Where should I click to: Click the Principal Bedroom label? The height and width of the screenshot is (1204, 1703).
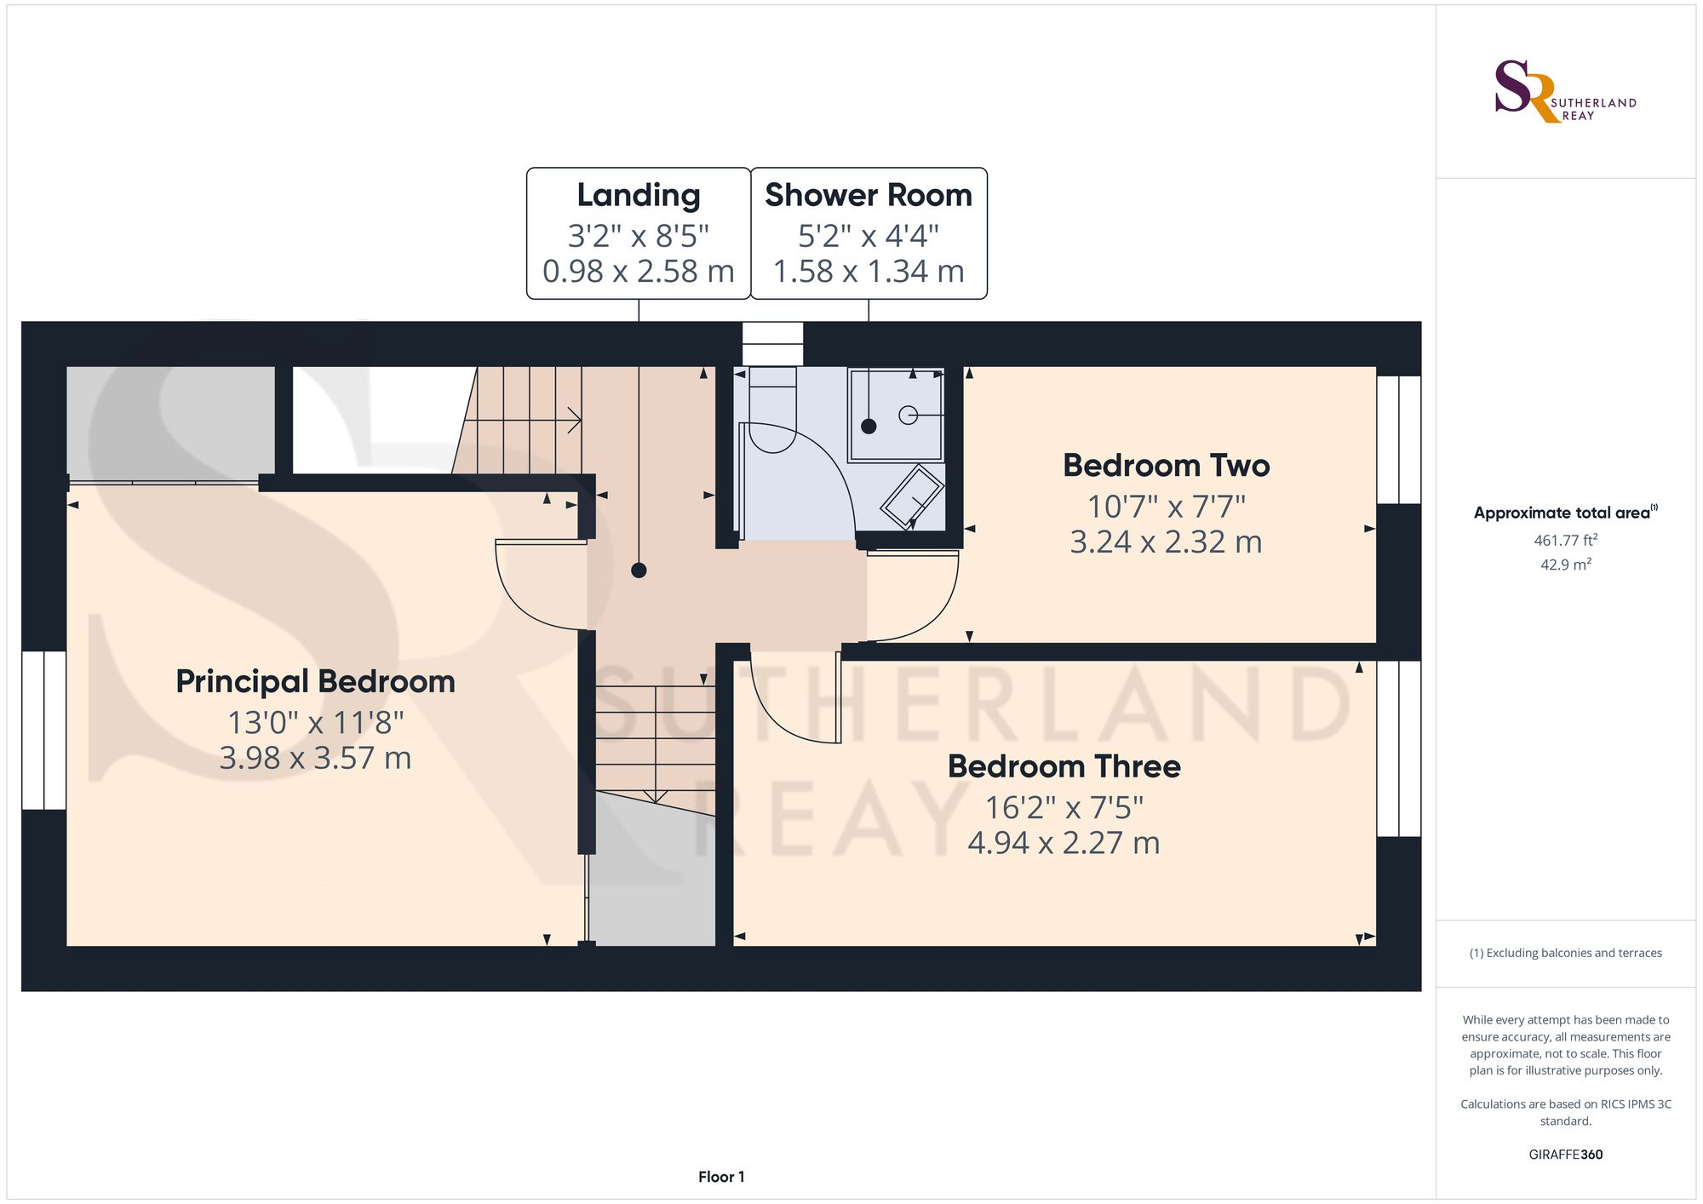coord(315,681)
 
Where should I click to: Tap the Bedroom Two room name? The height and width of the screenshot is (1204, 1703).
coord(1166,466)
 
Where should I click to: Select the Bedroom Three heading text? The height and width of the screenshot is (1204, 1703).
coord(1064,766)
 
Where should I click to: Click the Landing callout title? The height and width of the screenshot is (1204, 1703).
coord(639,196)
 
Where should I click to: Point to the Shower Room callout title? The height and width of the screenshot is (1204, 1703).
coord(869,195)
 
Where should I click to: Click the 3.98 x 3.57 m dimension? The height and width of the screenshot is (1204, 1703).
coord(315,758)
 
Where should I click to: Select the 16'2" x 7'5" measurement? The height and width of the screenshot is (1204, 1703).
coord(1064,806)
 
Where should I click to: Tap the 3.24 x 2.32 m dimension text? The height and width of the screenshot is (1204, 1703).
coord(1166,542)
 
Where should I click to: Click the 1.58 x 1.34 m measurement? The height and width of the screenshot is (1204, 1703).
coord(869,272)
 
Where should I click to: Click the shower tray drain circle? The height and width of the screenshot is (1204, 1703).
coord(909,416)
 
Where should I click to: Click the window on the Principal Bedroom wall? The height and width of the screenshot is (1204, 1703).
coord(44,730)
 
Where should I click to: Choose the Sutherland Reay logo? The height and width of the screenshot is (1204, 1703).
coord(1565,91)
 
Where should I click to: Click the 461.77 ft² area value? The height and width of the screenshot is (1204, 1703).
coord(1565,540)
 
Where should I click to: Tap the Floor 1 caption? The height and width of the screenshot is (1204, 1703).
coord(721,1177)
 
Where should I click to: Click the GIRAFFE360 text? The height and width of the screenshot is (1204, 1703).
coord(1565,1155)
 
